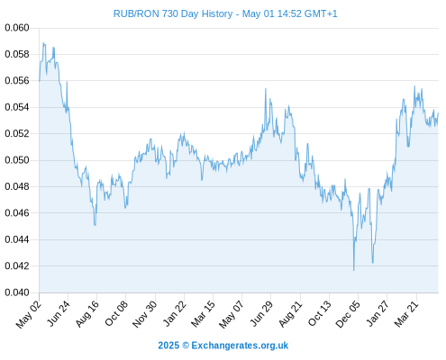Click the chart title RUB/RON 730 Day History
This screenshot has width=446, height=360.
coord(173,13)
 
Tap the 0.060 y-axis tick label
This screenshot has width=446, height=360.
coord(17,28)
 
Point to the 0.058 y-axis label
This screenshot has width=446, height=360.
coord(17,54)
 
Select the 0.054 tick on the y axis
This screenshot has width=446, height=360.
coord(17,107)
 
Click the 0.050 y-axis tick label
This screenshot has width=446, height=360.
coord(17,160)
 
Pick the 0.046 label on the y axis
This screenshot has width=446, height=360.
coord(17,213)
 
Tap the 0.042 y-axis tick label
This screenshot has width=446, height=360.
coord(17,265)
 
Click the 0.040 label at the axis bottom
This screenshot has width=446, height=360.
coord(17,292)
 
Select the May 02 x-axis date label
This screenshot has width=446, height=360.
coord(29,314)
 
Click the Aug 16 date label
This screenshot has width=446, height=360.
coord(87,314)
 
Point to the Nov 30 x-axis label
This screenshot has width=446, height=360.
coord(145,314)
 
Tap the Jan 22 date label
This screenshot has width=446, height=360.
coord(175,314)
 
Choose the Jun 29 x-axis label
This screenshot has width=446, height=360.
coord(261,314)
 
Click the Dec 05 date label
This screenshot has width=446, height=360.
coord(348,314)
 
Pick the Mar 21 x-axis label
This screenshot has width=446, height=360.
coord(406,314)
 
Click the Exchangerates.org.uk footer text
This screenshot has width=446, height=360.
coord(240,346)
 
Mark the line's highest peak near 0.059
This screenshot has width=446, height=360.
coord(44,43)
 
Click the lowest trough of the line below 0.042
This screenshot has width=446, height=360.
coord(354,270)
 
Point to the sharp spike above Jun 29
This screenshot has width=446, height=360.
coord(266,88)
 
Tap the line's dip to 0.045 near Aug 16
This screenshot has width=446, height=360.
coord(95,225)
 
